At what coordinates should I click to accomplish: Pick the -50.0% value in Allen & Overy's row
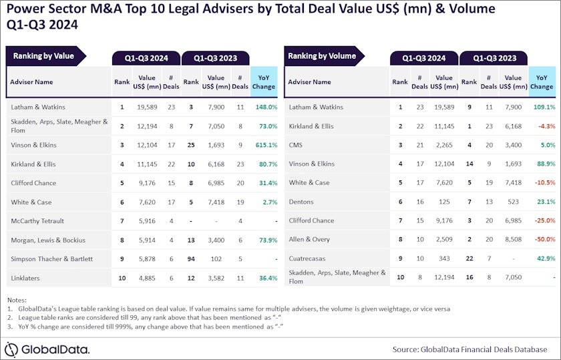[542, 239]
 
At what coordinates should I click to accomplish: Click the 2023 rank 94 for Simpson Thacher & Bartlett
[191, 258]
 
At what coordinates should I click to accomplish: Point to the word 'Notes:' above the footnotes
[19, 300]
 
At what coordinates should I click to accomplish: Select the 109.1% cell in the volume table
[542, 107]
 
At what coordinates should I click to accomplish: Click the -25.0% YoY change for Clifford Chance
[542, 220]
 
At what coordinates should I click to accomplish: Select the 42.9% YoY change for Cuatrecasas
[542, 258]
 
